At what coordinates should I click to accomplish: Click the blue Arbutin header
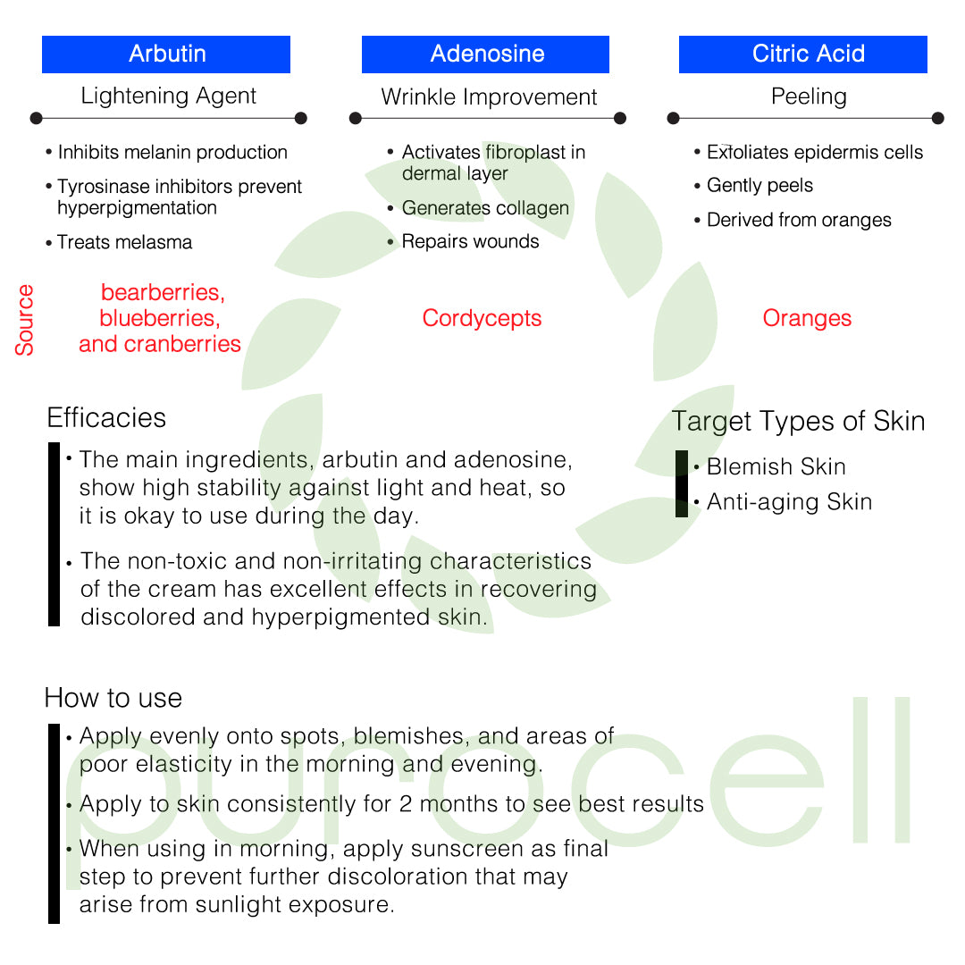click(x=166, y=54)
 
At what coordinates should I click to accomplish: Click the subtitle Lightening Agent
click(x=168, y=96)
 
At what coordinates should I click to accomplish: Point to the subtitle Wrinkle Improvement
click(x=489, y=97)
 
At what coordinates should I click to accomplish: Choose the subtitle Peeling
click(x=809, y=96)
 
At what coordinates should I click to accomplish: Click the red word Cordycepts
click(x=482, y=318)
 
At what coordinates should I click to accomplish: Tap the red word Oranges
click(x=807, y=318)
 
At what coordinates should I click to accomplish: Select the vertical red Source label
click(x=25, y=320)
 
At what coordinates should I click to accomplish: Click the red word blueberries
click(x=160, y=318)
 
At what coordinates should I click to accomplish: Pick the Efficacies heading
click(x=106, y=418)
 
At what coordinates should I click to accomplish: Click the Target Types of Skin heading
click(x=798, y=421)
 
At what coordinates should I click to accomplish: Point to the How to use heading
click(x=113, y=698)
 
